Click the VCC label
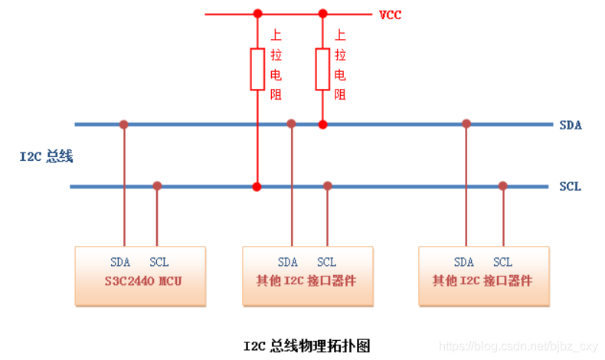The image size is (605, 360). (390, 15)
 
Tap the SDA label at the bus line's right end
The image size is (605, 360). (571, 125)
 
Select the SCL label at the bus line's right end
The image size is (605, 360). (570, 186)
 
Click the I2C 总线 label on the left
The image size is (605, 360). (46, 156)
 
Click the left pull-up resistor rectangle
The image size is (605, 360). (257, 69)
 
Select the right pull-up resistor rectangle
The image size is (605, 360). (322, 69)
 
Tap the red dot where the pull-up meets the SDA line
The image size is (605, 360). (322, 124)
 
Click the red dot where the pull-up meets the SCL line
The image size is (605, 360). (257, 186)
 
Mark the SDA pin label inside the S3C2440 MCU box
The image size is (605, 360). (120, 262)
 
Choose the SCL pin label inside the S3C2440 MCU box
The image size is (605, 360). (159, 262)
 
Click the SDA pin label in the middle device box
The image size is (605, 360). (288, 262)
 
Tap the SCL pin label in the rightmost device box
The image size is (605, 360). (502, 262)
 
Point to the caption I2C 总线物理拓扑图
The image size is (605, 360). (306, 346)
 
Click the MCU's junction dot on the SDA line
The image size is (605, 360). (123, 124)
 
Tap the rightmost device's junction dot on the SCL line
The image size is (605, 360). (503, 186)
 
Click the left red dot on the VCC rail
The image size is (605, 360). (257, 14)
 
